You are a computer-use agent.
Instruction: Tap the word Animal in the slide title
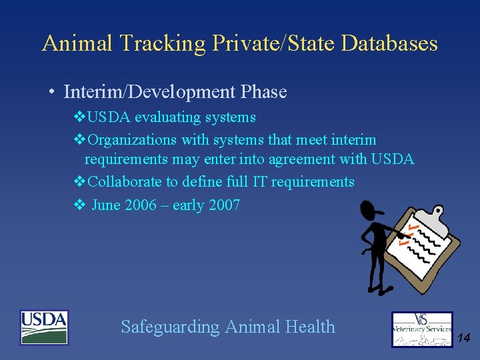[x=78, y=43]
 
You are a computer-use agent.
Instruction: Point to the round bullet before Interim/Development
[x=51, y=92]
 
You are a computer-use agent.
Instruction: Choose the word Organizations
[x=132, y=140]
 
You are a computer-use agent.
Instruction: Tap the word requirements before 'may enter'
[x=126, y=159]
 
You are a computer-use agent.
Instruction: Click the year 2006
[x=142, y=205]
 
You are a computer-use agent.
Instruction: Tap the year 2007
[x=224, y=205]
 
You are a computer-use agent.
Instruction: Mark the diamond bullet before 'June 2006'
[x=78, y=205]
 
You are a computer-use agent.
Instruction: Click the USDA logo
[x=44, y=327]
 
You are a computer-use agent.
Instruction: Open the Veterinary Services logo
[x=421, y=329]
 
